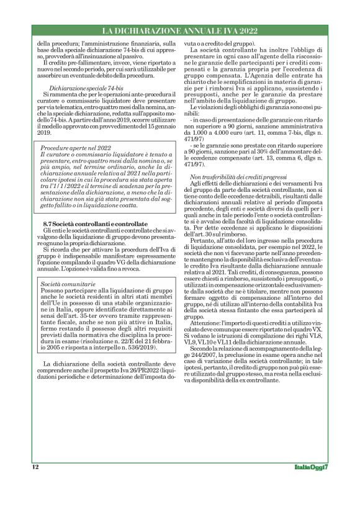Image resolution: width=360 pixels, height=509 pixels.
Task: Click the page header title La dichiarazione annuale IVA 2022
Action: point(179,30)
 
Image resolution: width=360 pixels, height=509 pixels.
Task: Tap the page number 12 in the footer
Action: point(35,466)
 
